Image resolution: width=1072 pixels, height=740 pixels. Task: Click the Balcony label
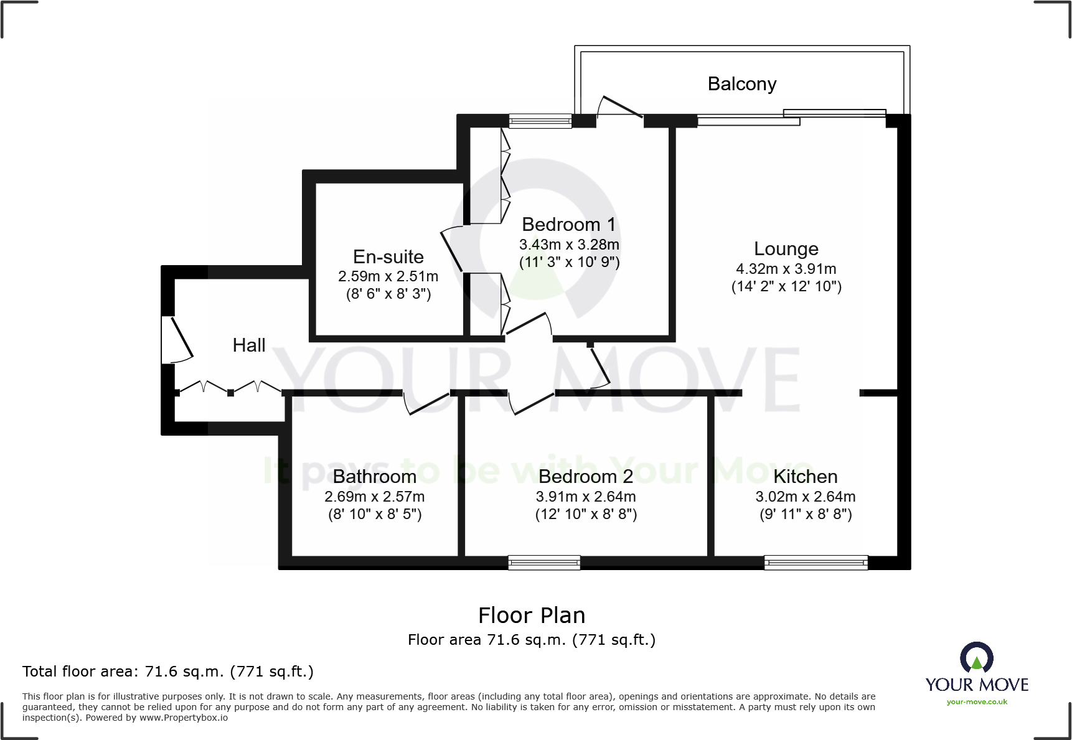click(741, 84)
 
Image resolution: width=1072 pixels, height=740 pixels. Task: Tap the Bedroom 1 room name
click(568, 224)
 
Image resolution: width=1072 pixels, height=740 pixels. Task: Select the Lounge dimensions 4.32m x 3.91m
click(786, 269)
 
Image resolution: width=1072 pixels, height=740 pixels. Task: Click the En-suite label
click(388, 256)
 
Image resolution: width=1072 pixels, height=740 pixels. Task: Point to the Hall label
click(248, 345)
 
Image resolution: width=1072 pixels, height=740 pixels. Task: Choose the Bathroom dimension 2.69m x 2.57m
click(374, 497)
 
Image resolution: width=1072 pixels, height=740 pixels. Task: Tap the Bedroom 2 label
click(585, 476)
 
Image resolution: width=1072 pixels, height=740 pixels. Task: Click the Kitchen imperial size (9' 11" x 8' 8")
click(805, 514)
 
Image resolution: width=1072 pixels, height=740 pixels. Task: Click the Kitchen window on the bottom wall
click(816, 563)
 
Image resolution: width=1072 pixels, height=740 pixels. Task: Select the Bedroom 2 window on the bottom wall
click(544, 563)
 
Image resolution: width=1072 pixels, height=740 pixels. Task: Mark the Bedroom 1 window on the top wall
click(540, 121)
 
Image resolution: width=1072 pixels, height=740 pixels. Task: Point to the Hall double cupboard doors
click(230, 387)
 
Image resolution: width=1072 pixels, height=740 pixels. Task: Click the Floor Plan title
click(531, 615)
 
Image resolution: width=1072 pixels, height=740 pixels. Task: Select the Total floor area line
click(167, 672)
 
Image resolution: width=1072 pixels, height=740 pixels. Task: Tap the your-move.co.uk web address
click(976, 702)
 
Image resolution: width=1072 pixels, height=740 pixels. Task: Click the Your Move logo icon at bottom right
click(976, 658)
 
